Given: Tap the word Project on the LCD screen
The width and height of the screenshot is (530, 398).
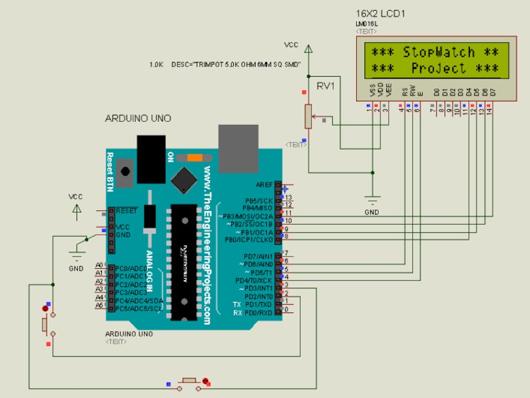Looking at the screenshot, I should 439,68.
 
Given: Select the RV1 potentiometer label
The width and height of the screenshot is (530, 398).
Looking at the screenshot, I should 326,86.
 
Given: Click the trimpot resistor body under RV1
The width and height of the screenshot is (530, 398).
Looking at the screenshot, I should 307,116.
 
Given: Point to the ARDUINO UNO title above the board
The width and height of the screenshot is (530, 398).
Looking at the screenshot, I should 138,119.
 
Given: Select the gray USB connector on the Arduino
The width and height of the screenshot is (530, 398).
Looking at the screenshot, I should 238,144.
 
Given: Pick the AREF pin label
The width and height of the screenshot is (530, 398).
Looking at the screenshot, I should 264,185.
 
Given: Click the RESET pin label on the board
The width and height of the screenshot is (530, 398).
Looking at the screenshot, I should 127,210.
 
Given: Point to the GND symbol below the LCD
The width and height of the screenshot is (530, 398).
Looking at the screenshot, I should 372,200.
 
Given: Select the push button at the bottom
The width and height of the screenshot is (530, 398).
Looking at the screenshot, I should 189,381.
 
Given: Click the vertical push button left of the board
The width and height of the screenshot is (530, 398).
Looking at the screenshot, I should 45,324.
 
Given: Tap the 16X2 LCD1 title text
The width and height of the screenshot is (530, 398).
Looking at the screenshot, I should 381,13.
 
